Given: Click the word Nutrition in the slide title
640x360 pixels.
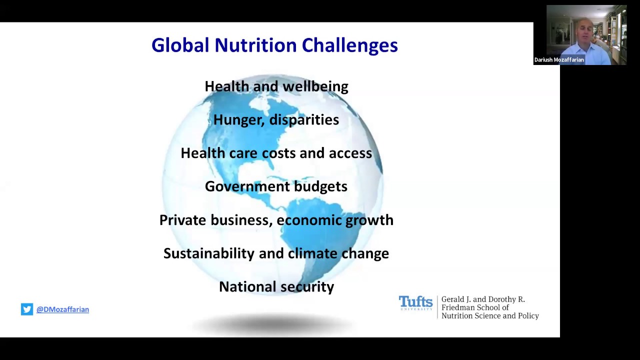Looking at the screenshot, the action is point(255,45).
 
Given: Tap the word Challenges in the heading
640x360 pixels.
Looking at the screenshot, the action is point(349,45).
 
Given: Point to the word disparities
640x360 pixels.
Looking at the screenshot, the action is point(304,119).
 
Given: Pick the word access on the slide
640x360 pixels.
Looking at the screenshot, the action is point(350,153).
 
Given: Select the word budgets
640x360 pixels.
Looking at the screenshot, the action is point(320,186).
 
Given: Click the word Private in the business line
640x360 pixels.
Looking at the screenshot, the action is point(182,220).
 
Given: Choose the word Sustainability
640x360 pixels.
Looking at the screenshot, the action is point(209,253).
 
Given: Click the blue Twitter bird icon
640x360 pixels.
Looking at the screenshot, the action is point(27,309).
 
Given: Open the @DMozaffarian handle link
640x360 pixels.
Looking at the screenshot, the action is point(62,309).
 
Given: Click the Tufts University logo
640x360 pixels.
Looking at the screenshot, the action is point(415,303).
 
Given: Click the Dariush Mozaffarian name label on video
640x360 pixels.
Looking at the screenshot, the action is point(559,60).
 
